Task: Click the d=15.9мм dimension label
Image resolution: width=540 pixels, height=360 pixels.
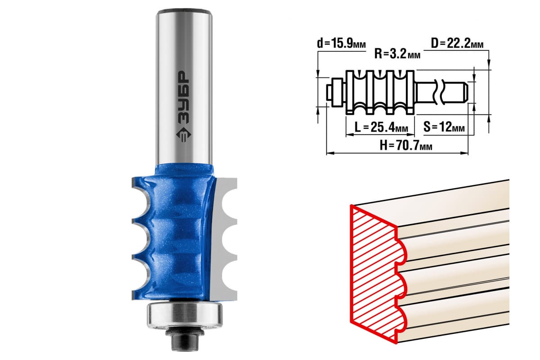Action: tap(341, 44)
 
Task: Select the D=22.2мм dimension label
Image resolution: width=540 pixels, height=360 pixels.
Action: tap(457, 44)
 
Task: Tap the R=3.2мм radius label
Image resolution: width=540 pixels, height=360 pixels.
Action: tap(397, 54)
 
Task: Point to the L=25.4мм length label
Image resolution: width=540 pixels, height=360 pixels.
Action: tap(382, 127)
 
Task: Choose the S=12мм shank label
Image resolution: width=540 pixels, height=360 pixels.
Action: tap(444, 127)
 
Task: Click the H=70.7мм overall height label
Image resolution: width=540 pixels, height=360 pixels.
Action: tap(406, 146)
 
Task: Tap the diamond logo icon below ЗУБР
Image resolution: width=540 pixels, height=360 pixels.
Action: tap(184, 135)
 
